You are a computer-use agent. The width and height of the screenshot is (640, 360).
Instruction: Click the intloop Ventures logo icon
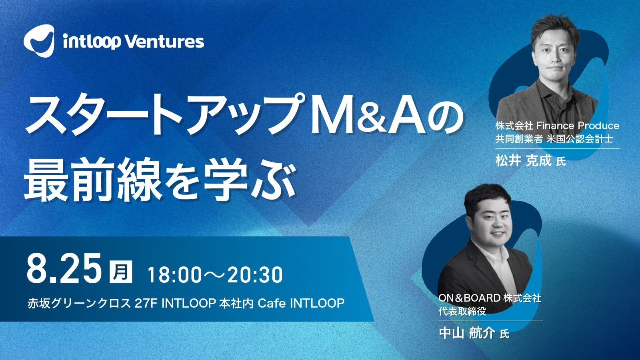coord(39,40)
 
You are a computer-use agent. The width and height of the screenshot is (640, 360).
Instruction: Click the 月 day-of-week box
coord(121,272)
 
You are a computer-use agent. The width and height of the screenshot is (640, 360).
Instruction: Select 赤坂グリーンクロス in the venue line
coord(79,304)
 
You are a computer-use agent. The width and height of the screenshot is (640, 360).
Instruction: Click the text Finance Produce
coord(577,126)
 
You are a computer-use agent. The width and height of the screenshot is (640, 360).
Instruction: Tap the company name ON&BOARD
coord(469,298)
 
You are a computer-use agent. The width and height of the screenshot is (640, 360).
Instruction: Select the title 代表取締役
coord(462,311)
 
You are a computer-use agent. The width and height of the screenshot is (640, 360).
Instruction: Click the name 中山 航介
coord(467,333)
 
